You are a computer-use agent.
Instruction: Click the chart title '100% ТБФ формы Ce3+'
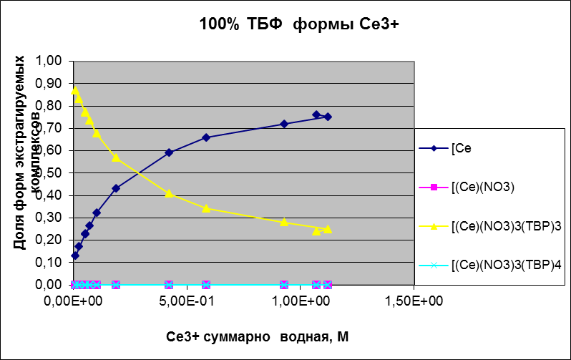coord(299,24)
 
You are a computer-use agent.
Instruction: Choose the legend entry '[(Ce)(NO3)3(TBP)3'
coord(506,227)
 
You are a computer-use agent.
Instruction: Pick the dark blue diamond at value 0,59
coord(169,152)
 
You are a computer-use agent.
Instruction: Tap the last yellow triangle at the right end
coord(327,229)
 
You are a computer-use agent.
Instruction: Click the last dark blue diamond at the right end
coord(327,117)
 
